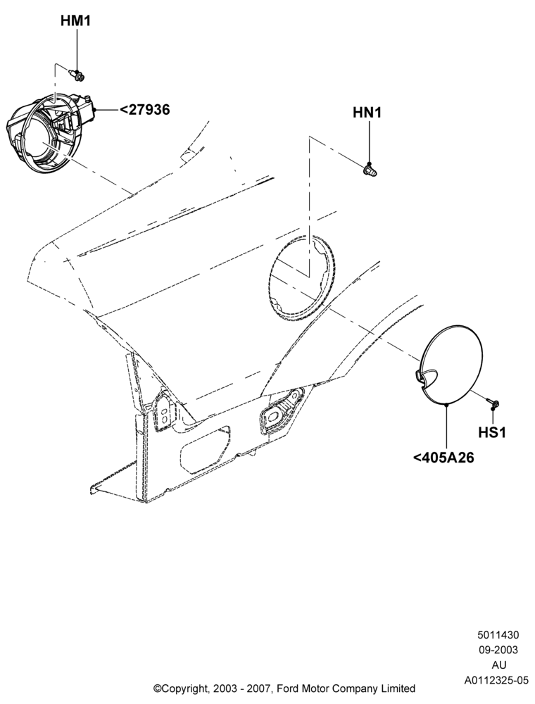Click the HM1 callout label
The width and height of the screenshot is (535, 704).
(75, 20)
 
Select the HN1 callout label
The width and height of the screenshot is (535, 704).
(367, 112)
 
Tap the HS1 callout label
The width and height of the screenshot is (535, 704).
(492, 432)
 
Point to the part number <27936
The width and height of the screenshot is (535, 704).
(144, 109)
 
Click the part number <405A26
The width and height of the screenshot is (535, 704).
(443, 458)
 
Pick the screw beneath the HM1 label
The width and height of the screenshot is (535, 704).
(79, 75)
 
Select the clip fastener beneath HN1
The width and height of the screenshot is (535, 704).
(370, 170)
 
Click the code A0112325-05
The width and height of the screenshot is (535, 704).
(496, 680)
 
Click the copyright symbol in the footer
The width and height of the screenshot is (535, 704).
(157, 689)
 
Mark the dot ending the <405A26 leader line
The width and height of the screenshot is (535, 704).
(446, 405)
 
